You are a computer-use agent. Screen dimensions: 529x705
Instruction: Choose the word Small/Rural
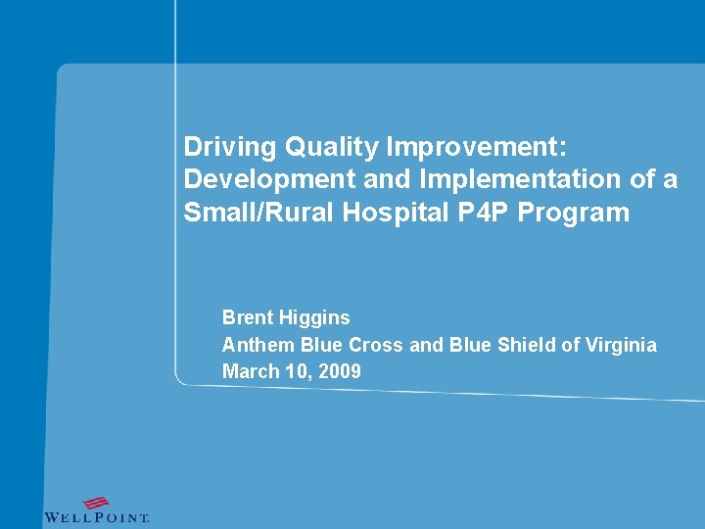[245, 213]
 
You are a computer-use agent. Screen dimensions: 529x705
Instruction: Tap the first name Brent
[248, 317]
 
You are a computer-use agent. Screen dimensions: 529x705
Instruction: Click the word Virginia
[619, 345]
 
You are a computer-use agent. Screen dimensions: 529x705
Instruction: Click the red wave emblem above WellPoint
[95, 503]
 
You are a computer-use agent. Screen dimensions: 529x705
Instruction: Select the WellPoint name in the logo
[96, 517]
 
